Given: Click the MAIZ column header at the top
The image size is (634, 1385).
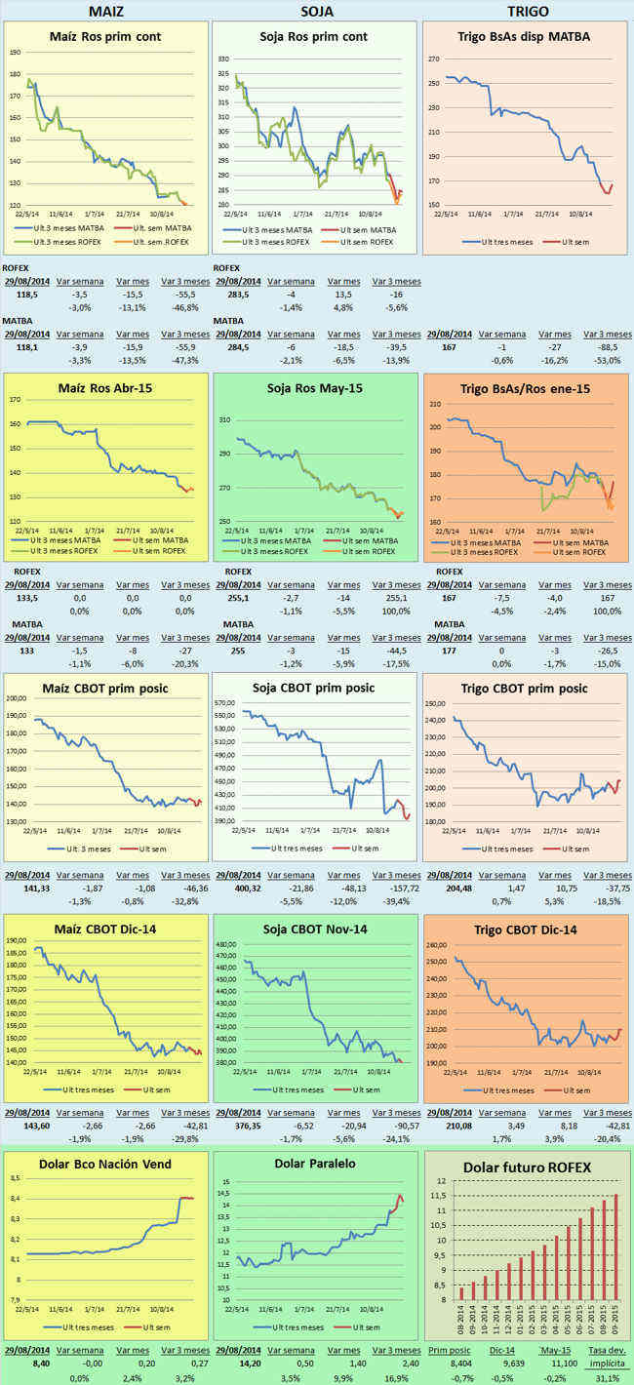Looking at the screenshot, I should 105,11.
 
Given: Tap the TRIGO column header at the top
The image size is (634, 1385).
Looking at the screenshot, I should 528,11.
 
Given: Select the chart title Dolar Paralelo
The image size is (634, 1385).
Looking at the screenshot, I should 315,1163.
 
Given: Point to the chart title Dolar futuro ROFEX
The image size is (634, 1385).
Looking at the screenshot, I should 528,1167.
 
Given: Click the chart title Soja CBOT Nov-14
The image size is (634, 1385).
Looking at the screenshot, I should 314,930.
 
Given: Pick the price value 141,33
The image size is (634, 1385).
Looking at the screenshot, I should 21,889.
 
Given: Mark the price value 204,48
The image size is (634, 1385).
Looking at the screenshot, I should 443,889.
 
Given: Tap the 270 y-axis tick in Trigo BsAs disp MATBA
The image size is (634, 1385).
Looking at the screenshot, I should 434,59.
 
